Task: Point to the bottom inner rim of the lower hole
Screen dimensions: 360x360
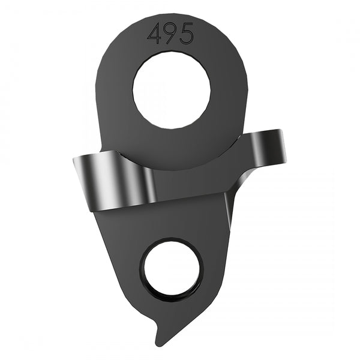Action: coord(172,296)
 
